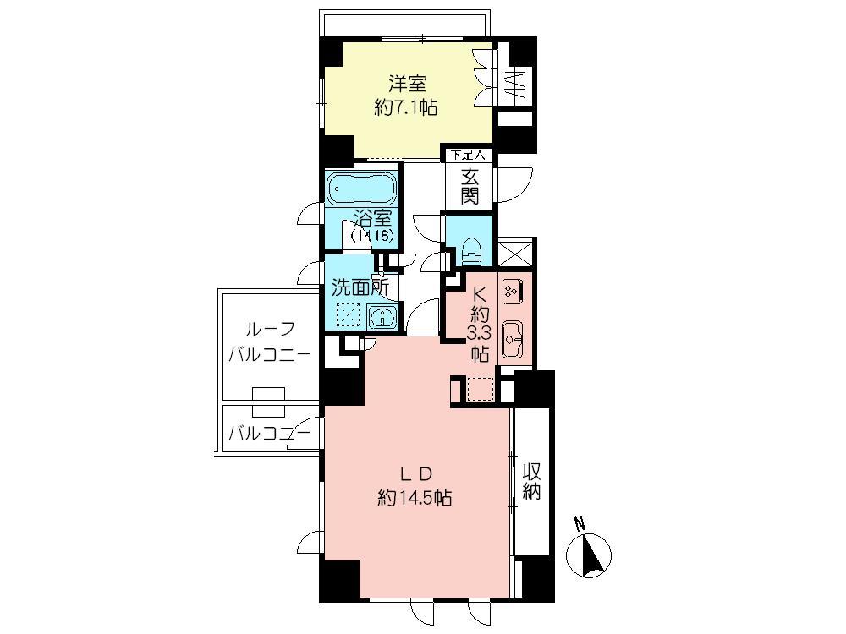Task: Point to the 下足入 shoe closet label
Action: click(x=468, y=156)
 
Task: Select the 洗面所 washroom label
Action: click(x=360, y=287)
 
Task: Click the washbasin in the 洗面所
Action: click(x=382, y=318)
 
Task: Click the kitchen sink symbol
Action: click(x=514, y=340)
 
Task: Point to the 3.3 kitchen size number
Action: click(x=480, y=332)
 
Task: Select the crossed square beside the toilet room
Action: click(x=515, y=254)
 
